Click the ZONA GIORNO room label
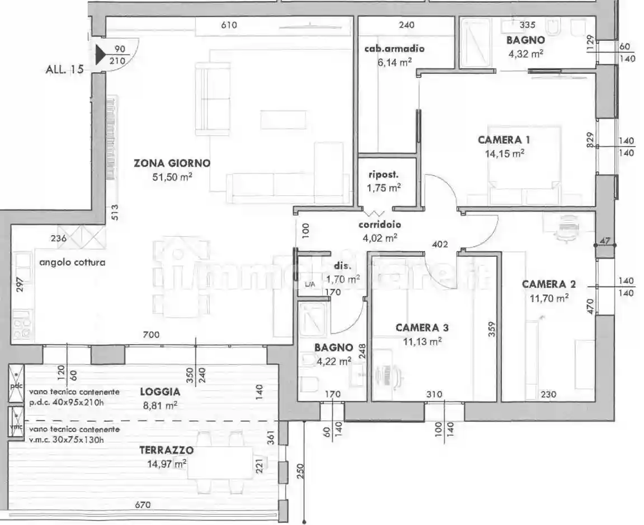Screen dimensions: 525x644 tap(172, 163)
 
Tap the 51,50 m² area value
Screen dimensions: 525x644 tap(172, 177)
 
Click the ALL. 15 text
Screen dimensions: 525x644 tap(64, 69)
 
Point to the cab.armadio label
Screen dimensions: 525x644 tap(394, 49)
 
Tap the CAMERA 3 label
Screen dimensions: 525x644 tap(422, 327)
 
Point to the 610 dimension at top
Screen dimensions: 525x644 tap(229, 25)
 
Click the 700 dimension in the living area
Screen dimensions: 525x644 tap(151, 335)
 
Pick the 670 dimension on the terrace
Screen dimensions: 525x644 tap(143, 505)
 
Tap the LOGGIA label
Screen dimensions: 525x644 tap(159, 392)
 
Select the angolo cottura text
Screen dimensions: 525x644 tap(72, 261)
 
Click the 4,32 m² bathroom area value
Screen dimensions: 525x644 tap(525, 54)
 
